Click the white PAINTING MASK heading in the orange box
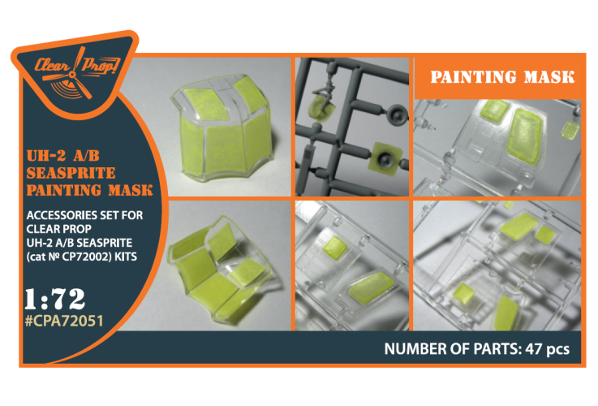coord(502,77)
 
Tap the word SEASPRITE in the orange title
coord(71,173)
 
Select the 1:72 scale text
coord(55,299)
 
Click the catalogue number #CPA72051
coord(64,321)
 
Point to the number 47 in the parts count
coord(534,349)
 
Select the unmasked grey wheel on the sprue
coord(397,114)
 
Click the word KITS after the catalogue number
coord(126,257)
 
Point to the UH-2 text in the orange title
coord(46,156)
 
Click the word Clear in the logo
coord(52,65)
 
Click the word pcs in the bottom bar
coord(558,349)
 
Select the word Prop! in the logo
coord(101,65)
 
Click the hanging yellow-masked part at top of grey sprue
coord(322,108)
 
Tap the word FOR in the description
coord(132,215)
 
